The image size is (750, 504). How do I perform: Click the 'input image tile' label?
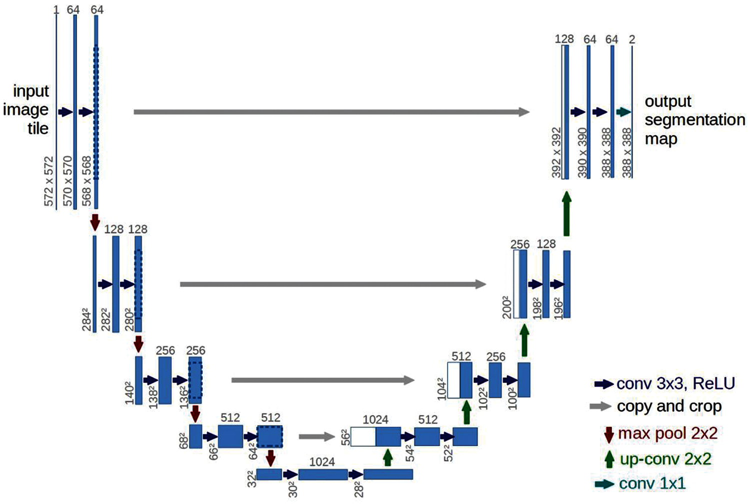pos(27,109)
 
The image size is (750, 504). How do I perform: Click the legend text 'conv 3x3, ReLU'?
pos(675,383)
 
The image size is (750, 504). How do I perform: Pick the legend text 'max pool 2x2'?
pos(667,433)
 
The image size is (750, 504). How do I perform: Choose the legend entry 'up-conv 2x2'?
pos(665,459)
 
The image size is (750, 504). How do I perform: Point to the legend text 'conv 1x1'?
pos(652,483)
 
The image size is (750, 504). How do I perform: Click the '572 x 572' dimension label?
pos(49,181)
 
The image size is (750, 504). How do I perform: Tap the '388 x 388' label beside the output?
pos(626,152)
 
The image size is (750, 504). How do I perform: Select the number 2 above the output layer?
pos(632,39)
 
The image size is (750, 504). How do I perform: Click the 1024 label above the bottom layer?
pos(322,462)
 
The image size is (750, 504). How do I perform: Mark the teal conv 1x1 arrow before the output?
pos(623,112)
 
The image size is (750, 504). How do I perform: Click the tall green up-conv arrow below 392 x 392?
pos(566,213)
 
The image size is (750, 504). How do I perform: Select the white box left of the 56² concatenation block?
pos(363,436)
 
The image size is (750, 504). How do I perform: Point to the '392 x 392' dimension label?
pos(557,152)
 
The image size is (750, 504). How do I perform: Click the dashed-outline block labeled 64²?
pos(269,436)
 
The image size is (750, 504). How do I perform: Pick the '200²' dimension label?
pos(507,307)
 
